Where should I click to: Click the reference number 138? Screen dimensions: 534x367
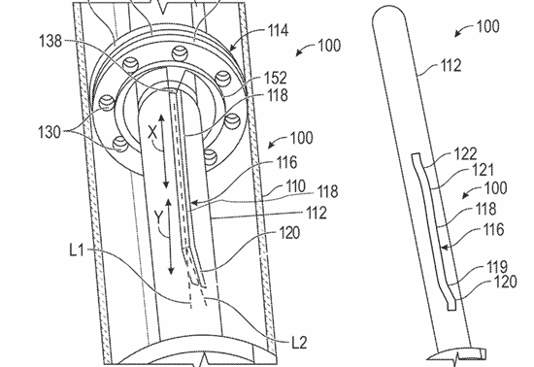click(x=51, y=42)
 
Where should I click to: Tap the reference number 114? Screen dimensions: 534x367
click(x=279, y=31)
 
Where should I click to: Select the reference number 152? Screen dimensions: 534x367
click(x=276, y=78)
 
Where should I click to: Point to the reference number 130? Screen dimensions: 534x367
click(x=50, y=132)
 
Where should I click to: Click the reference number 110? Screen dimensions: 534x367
click(x=295, y=186)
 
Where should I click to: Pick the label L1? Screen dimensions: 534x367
click(x=77, y=250)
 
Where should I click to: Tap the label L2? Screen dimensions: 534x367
click(x=299, y=342)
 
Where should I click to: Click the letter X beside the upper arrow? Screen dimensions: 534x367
click(x=152, y=132)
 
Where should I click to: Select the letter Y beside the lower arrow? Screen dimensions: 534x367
click(x=158, y=217)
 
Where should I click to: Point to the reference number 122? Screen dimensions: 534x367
click(x=466, y=153)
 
